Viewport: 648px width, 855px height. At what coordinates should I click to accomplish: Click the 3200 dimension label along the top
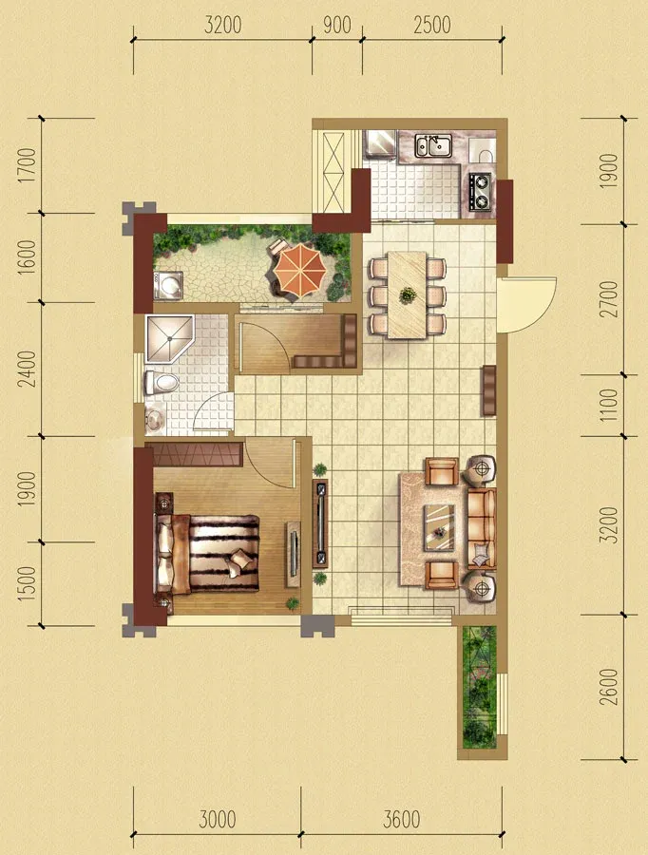click(x=222, y=25)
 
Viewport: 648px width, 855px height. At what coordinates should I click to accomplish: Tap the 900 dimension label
click(x=337, y=25)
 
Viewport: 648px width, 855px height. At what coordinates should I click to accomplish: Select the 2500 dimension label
click(x=432, y=25)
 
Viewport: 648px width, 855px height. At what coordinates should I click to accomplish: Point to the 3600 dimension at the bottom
click(x=402, y=820)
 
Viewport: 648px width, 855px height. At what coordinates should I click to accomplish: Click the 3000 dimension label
click(x=217, y=820)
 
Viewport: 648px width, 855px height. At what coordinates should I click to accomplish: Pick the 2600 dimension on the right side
click(x=608, y=687)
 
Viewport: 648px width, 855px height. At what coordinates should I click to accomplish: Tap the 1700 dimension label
click(x=27, y=165)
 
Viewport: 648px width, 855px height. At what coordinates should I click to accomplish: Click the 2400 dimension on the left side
click(x=27, y=369)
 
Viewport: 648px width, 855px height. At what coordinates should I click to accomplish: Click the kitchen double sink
click(x=433, y=145)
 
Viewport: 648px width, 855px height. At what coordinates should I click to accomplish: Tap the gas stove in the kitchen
click(x=481, y=191)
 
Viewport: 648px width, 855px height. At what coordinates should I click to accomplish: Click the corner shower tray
click(x=169, y=338)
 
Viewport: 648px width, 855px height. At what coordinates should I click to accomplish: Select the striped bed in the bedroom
click(x=207, y=554)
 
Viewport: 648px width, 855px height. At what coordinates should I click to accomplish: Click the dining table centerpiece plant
click(x=407, y=295)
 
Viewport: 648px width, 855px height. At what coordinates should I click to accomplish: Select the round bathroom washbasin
click(x=154, y=418)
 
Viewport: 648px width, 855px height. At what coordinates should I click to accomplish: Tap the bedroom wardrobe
click(x=194, y=455)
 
